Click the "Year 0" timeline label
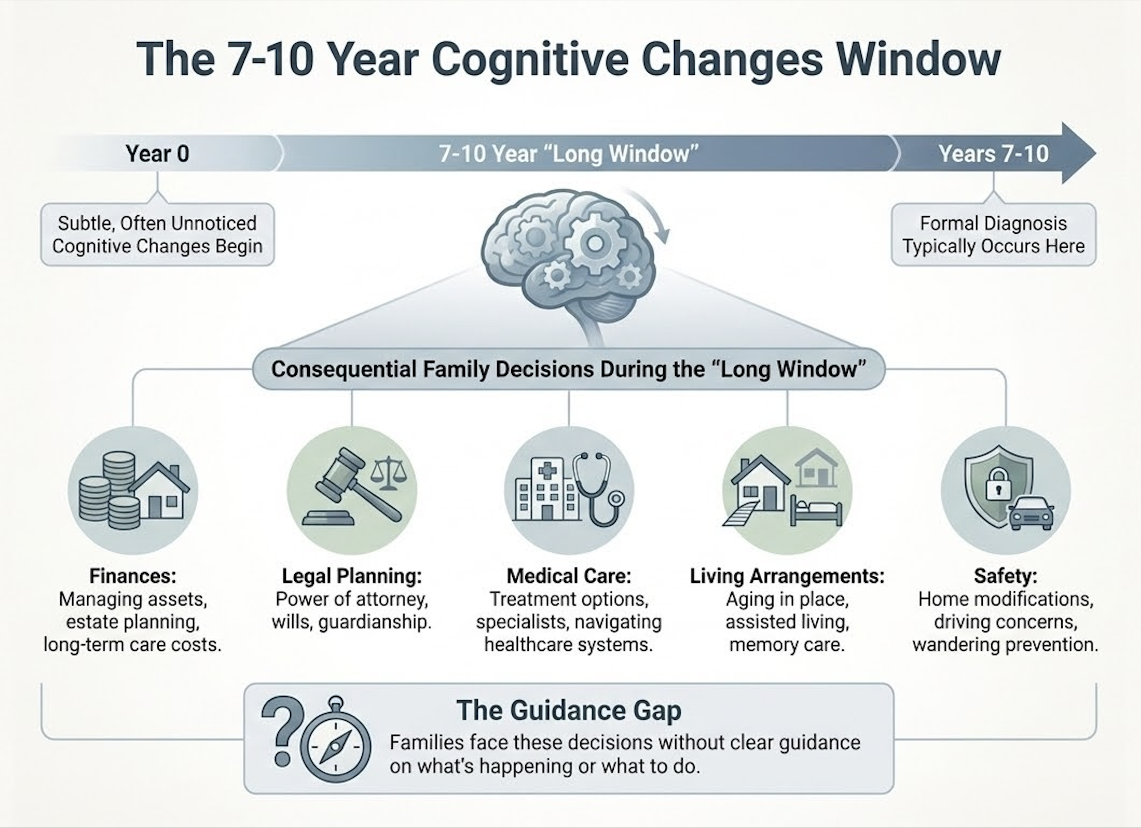point(157,153)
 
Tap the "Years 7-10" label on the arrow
point(993,153)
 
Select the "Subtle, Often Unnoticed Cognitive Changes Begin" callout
point(157,235)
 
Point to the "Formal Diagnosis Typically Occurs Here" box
point(993,235)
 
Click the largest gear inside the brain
point(594,242)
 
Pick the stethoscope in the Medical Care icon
point(598,489)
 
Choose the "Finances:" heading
point(132,576)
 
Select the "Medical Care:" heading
point(568,576)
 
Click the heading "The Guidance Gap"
point(568,711)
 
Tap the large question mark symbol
point(281,731)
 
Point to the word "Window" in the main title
point(918,59)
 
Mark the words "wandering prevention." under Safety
point(1005,645)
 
